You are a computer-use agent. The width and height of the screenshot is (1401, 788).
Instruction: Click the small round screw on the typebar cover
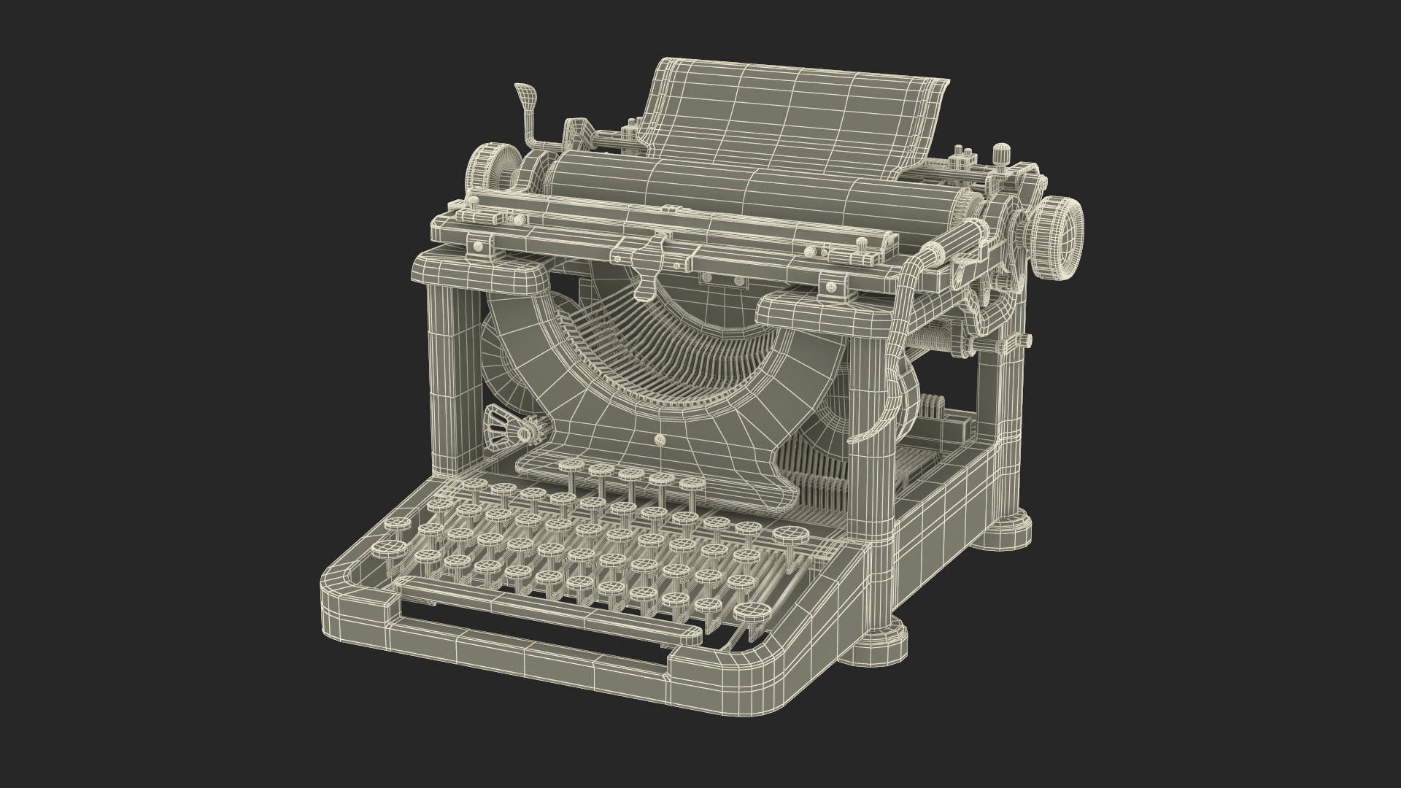point(660,439)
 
